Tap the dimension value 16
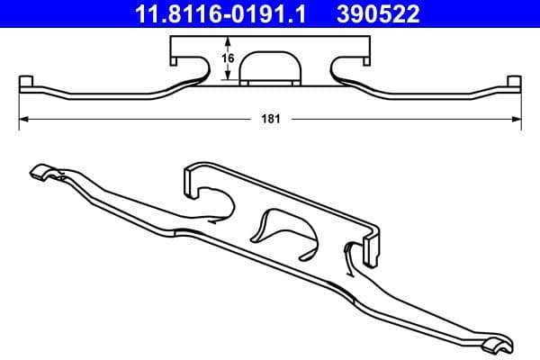coord(229,58)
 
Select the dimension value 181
coord(268,118)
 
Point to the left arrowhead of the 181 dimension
coord(22,118)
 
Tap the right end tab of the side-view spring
coord(515,85)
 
